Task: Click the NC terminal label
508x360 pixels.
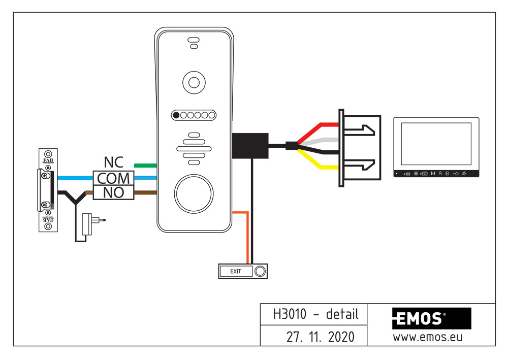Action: point(114,162)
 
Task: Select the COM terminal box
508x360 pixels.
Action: point(113,178)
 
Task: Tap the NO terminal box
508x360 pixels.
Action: point(113,192)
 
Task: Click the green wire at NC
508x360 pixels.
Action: point(145,166)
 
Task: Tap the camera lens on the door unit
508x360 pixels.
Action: point(193,82)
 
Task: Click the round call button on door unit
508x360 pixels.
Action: point(193,193)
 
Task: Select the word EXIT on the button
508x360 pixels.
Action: point(236,272)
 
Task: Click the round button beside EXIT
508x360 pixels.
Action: point(260,272)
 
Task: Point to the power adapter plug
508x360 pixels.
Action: point(91,220)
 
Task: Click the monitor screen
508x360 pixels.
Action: point(436,144)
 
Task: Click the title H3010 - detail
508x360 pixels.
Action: point(315,314)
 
